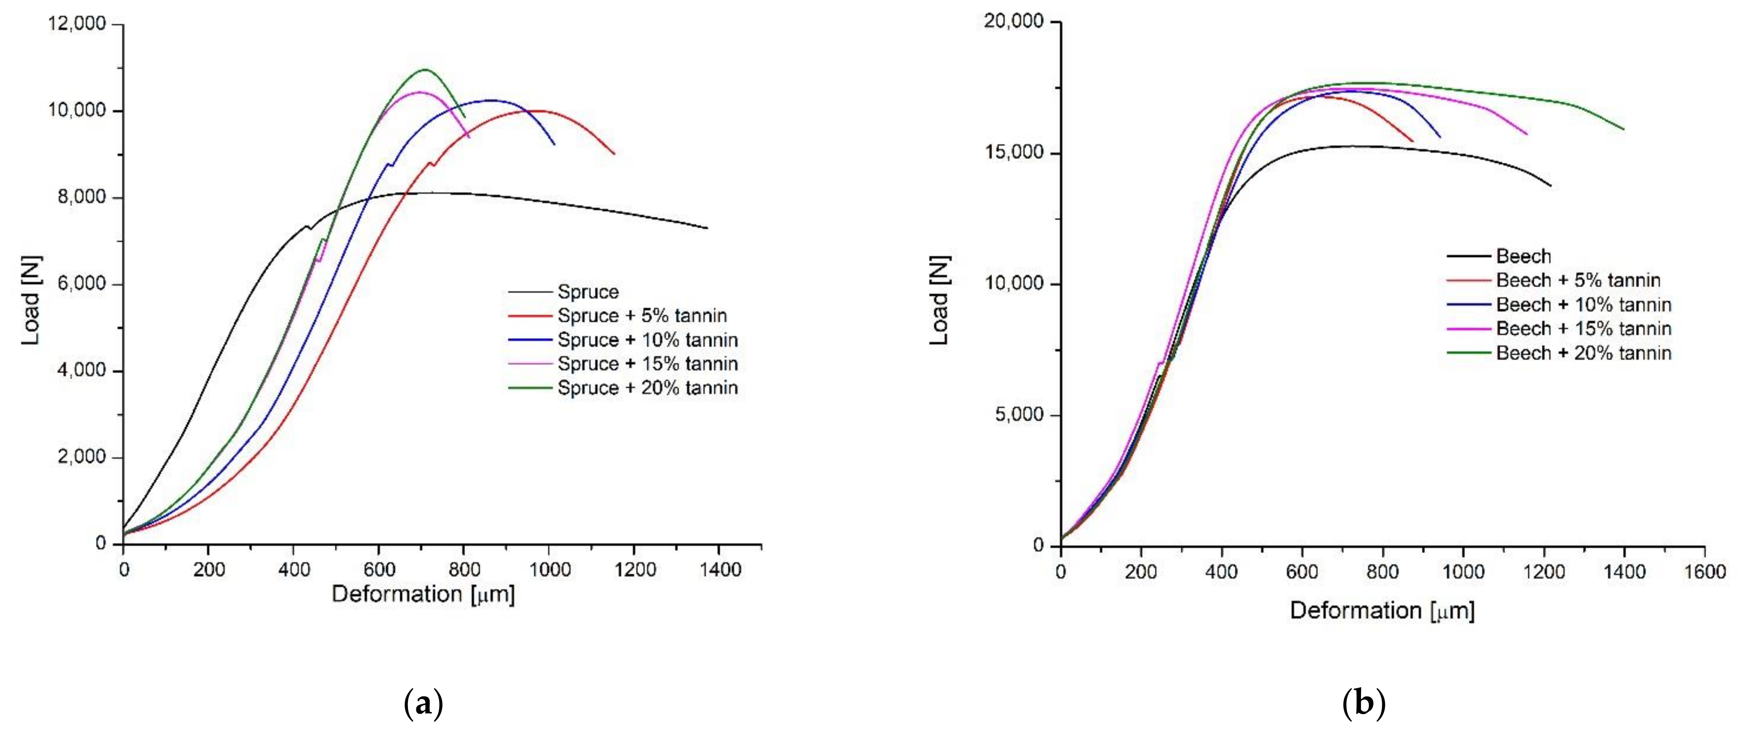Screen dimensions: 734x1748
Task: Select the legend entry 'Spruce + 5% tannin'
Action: [641, 316]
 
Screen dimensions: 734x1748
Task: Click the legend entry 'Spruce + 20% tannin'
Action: [647, 388]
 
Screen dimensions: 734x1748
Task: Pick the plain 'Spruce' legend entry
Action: [588, 292]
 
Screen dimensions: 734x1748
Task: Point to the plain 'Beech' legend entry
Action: [1523, 256]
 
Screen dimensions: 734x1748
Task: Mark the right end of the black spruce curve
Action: [707, 228]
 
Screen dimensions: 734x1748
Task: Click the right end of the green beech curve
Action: [1624, 129]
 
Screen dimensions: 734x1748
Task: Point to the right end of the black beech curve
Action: [1550, 185]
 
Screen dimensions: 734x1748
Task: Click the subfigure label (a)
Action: [424, 703]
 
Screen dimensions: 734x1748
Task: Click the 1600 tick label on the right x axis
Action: [1704, 572]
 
